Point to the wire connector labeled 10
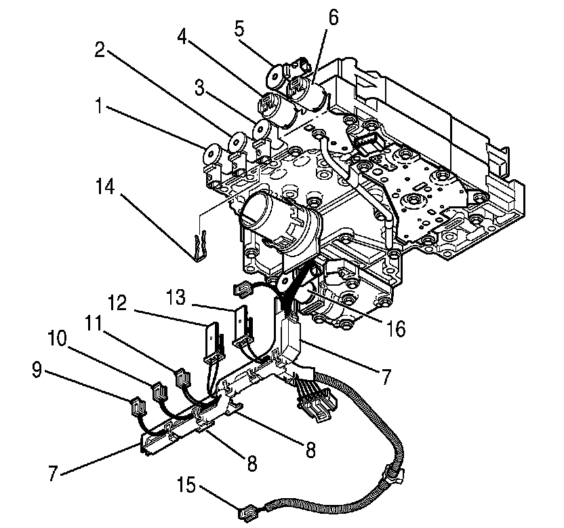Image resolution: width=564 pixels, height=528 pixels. click(x=157, y=392)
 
